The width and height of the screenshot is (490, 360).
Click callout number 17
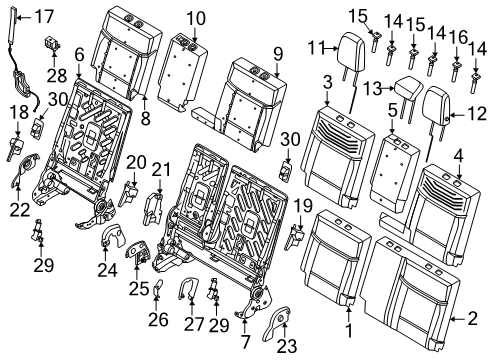pyautogui.click(x=44, y=16)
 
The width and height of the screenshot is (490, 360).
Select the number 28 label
pyautogui.click(x=57, y=76)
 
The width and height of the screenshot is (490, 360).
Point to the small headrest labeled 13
pyautogui.click(x=408, y=96)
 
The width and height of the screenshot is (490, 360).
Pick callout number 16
pyautogui.click(x=458, y=37)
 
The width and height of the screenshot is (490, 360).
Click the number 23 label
pyautogui.click(x=287, y=346)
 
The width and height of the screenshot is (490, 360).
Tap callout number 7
pyautogui.click(x=245, y=341)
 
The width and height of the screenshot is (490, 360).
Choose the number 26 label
pyautogui.click(x=158, y=319)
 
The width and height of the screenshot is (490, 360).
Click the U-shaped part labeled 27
pyautogui.click(x=188, y=289)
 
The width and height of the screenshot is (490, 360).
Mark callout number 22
pyautogui.click(x=20, y=210)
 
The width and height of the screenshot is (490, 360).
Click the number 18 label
pyautogui.click(x=19, y=112)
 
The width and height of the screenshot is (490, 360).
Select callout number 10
pyautogui.click(x=196, y=19)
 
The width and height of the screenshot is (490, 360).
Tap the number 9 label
pyautogui.click(x=278, y=54)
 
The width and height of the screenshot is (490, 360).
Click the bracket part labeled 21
pyautogui.click(x=153, y=208)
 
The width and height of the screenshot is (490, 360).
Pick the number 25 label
pyautogui.click(x=139, y=289)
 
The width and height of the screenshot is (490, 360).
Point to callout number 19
pyautogui.click(x=303, y=206)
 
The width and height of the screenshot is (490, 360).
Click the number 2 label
pyautogui.click(x=473, y=318)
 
